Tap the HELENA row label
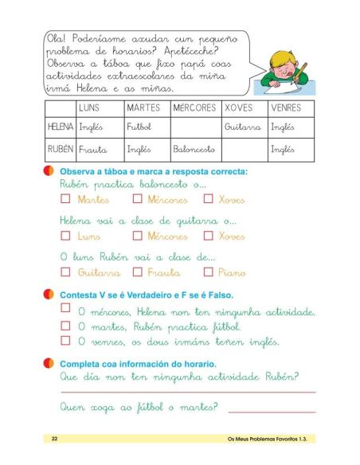[61, 127]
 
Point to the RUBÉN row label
[61, 149]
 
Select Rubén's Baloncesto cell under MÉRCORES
[194, 149]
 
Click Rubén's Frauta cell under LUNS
[94, 149]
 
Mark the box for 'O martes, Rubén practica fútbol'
[65, 326]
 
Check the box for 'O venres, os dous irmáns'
[65, 341]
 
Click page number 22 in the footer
[54, 439]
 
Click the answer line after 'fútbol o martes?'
[271, 411]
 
